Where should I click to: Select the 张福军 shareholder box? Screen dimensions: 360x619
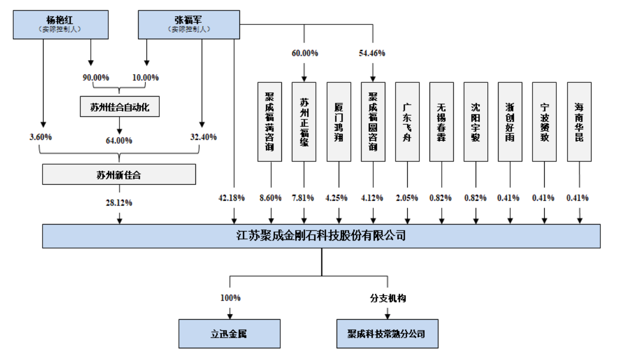(x=189, y=24)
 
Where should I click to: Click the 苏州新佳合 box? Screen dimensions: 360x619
(x=119, y=174)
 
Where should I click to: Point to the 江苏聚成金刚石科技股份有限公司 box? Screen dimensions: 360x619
(x=321, y=235)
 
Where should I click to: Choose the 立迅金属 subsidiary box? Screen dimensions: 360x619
(x=229, y=334)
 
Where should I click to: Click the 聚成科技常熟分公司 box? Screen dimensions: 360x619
(x=387, y=334)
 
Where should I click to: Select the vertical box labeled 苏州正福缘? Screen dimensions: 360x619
(x=304, y=122)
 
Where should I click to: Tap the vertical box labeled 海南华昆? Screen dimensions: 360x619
(x=579, y=122)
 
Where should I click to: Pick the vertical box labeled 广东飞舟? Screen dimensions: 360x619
(x=407, y=122)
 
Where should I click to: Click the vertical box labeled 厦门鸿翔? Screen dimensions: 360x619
(x=339, y=122)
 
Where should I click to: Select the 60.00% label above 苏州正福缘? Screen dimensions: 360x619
(x=305, y=53)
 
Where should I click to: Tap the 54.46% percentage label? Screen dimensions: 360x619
(x=373, y=53)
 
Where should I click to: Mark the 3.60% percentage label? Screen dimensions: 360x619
(x=41, y=137)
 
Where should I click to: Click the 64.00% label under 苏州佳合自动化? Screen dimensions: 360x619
(x=119, y=141)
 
